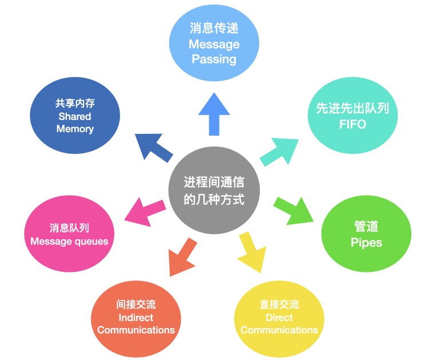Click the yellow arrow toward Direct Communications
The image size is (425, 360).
point(252,251)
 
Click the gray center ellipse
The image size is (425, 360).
point(214,190)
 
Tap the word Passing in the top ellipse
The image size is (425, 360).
point(214,59)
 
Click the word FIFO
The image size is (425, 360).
point(352,124)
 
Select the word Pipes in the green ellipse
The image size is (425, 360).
point(366,242)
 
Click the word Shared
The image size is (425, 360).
point(75,116)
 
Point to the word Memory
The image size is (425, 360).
point(75,129)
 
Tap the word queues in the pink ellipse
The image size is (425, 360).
point(90,241)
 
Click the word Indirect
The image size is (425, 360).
point(136,317)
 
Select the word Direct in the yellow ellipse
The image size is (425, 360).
point(279,317)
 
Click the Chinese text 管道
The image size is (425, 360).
point(366,227)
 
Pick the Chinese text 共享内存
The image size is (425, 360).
point(75,104)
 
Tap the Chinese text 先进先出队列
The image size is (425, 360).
point(352,108)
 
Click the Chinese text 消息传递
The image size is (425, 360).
point(214,29)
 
